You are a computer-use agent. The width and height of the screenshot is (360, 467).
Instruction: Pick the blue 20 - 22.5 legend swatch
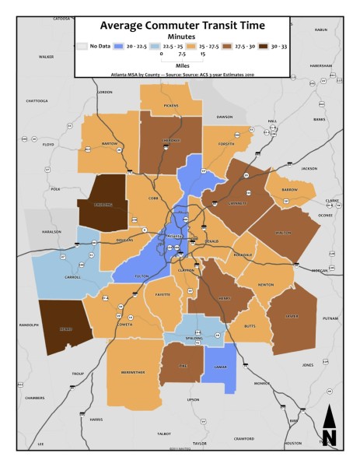tap(118, 46)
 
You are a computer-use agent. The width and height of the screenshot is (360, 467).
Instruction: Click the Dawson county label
tap(224, 117)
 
